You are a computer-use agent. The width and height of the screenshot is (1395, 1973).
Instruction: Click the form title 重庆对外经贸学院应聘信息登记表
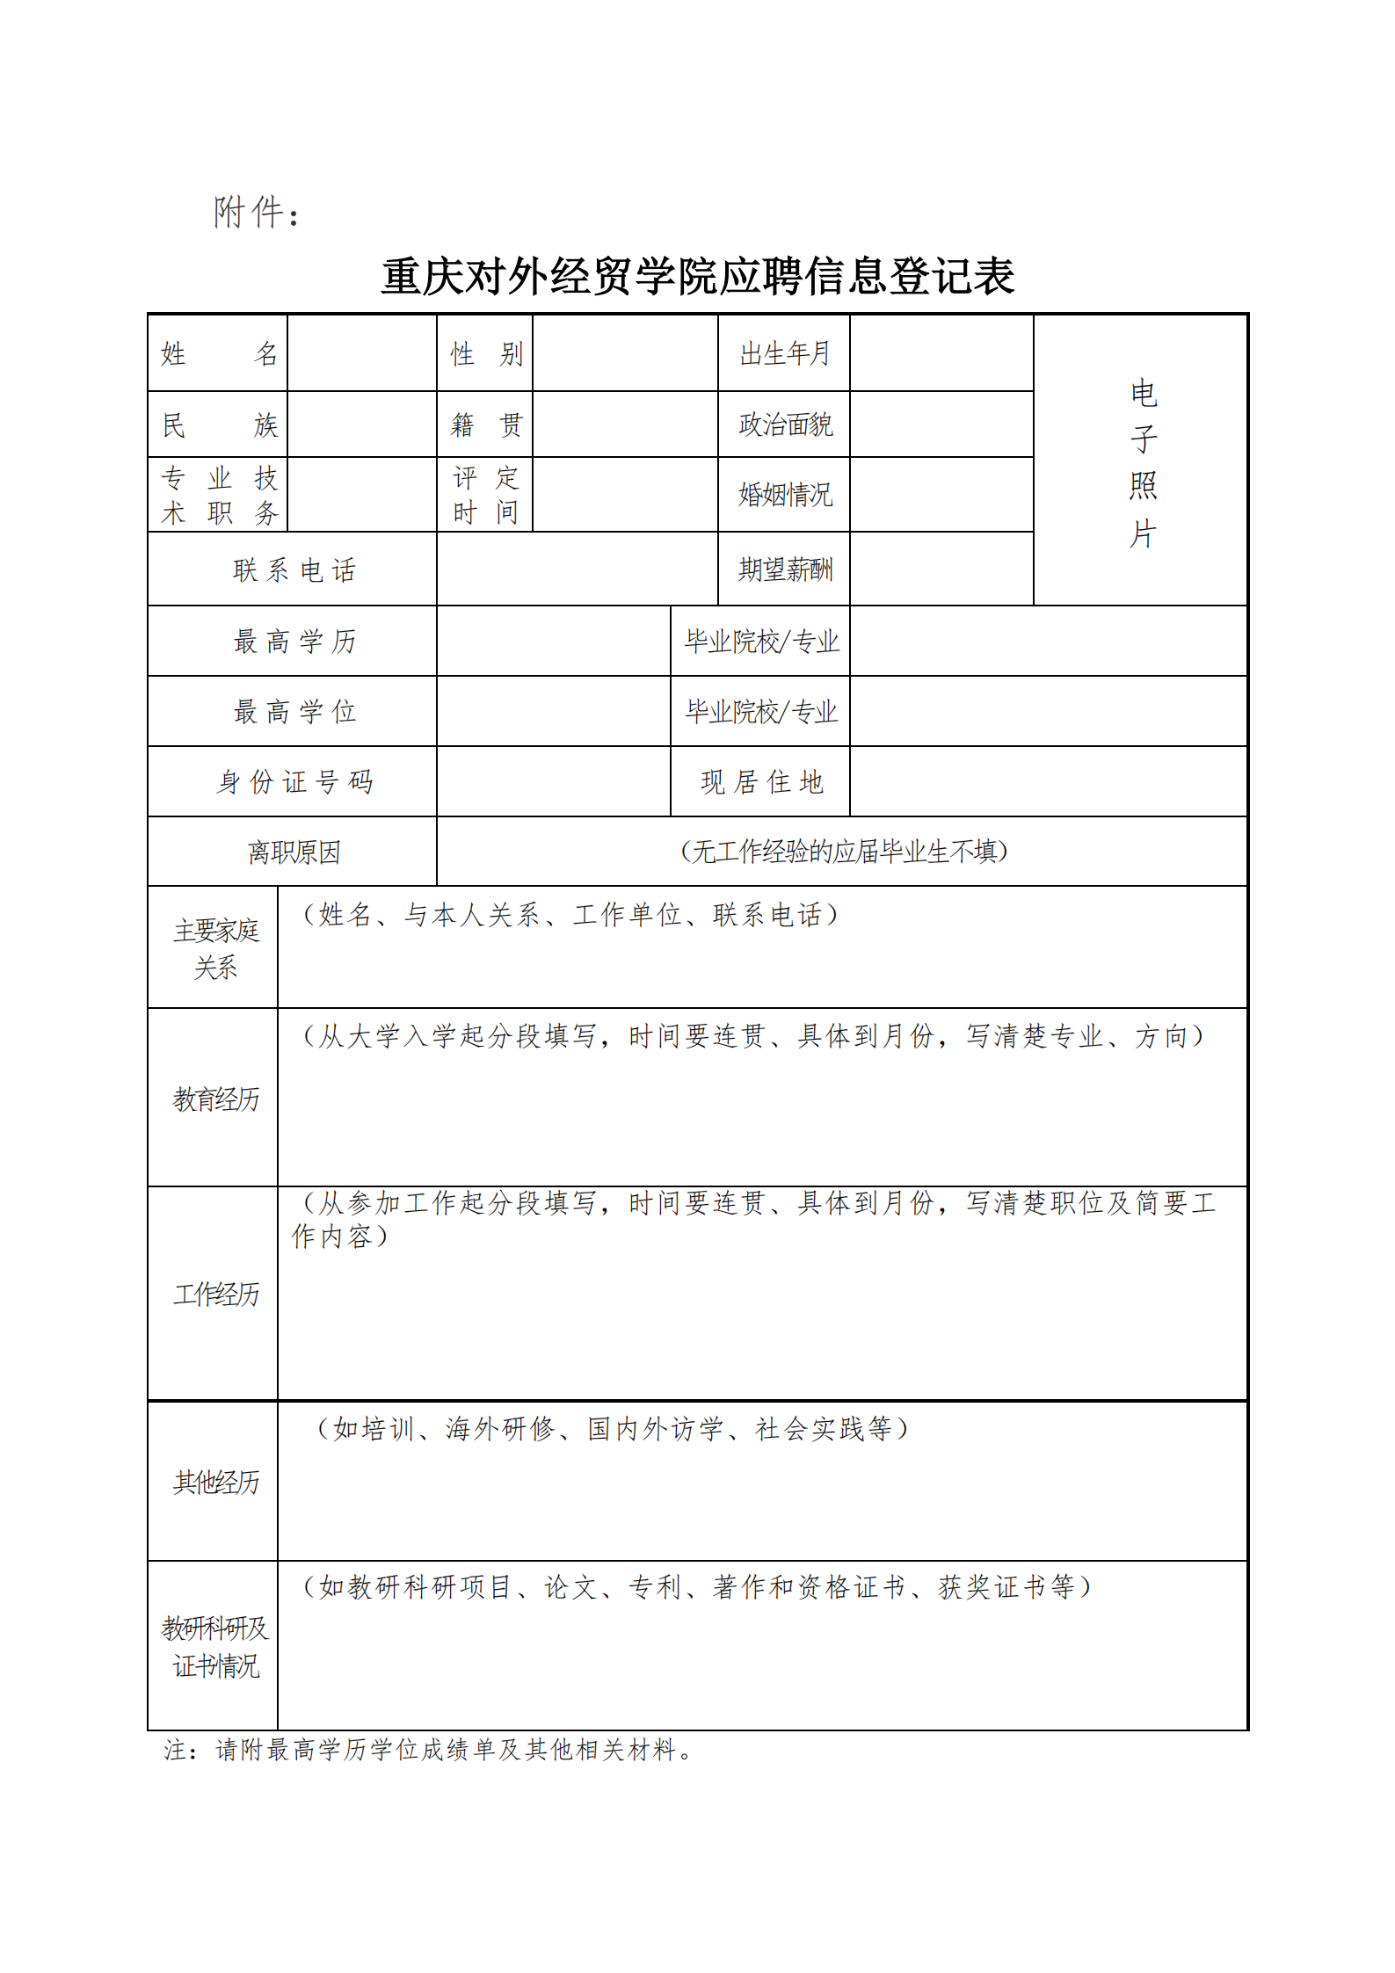pos(697,276)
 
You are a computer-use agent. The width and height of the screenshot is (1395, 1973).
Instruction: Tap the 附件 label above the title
pos(256,213)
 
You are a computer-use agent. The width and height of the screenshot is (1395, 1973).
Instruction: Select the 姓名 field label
pos(218,354)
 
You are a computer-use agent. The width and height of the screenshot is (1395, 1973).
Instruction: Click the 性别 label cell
pos(485,354)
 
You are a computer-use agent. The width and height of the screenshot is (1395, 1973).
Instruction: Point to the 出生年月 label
pos(784,354)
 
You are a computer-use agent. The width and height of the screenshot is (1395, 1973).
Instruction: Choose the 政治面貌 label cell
pos(784,424)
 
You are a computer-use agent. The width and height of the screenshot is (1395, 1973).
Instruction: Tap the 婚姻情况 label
pos(784,495)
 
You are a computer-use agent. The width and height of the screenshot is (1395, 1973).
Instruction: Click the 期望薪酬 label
pos(784,569)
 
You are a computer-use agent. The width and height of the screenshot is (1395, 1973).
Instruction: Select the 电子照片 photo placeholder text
pos(1142,462)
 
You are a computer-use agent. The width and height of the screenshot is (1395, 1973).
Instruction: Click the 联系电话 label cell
pos(294,570)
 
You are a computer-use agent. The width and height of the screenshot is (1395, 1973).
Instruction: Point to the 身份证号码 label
pos(294,781)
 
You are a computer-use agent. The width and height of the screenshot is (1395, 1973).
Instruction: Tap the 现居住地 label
pos(761,781)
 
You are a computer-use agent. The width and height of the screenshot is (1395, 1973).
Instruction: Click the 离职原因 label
pos(294,852)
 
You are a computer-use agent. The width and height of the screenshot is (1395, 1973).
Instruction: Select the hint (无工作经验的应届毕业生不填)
pos(843,851)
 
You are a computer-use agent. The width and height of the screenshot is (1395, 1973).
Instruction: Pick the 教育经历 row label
pos(215,1099)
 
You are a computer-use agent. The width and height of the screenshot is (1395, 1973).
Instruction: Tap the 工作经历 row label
pos(215,1294)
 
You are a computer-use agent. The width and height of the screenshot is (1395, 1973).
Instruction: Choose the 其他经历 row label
pos(215,1482)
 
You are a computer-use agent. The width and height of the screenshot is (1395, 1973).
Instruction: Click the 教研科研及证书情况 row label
pos(215,1646)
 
